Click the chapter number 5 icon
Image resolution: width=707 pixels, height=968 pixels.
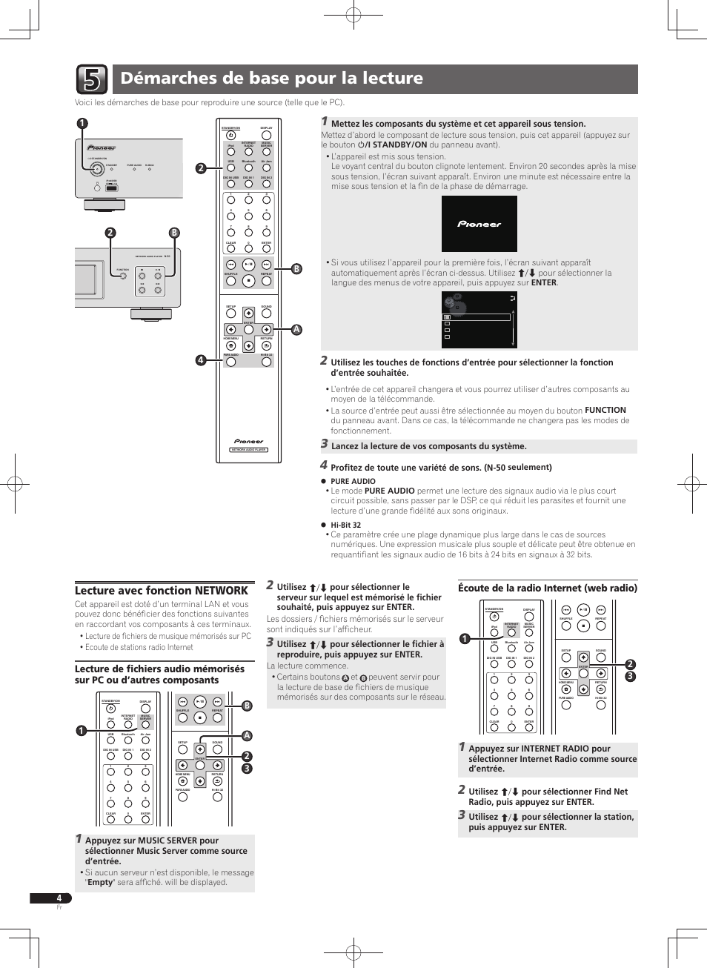[91, 79]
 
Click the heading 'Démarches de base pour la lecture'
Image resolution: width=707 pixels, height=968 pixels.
[271, 79]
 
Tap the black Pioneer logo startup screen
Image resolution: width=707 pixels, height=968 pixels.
[479, 224]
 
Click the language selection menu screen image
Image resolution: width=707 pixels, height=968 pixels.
[479, 319]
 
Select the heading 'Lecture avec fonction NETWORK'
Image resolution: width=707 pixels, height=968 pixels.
[162, 591]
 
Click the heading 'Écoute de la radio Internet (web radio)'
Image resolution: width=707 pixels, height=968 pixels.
[548, 589]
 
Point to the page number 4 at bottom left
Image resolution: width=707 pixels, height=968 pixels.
[59, 898]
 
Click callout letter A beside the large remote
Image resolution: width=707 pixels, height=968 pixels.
[296, 329]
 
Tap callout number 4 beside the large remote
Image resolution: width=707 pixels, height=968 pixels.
[200, 360]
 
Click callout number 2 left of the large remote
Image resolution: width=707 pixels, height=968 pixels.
[200, 168]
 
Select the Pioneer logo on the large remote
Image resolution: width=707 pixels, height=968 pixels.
[248, 441]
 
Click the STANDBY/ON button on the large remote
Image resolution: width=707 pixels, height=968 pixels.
[230, 135]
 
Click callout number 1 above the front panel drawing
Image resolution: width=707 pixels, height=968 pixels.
[82, 124]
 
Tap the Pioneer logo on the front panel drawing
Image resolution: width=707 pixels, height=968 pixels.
[102, 147]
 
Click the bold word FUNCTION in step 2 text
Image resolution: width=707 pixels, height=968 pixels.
[605, 410]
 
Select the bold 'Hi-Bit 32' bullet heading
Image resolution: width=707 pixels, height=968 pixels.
[345, 525]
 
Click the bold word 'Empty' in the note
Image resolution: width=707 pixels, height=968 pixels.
[100, 882]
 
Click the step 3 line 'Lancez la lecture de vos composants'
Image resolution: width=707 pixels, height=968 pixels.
[428, 446]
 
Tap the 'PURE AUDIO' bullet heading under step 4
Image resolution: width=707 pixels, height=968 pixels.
[353, 481]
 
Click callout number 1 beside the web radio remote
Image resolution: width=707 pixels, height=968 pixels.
[465, 639]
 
